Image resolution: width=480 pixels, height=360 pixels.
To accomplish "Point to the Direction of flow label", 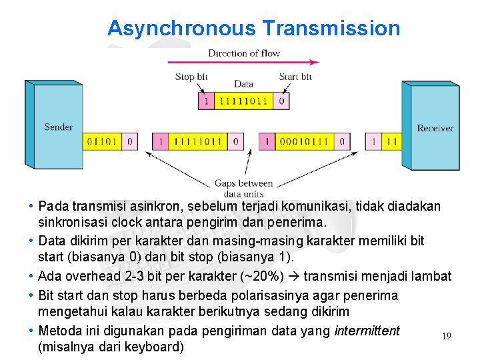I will [x=244, y=53].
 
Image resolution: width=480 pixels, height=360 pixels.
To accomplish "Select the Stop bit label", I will [x=191, y=77].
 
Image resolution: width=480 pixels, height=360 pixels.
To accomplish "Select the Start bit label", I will [x=295, y=77].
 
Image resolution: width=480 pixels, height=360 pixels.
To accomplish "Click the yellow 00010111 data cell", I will [x=303, y=141].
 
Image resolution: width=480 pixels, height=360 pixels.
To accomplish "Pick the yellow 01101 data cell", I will [x=103, y=141].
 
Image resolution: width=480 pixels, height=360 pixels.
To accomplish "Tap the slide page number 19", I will [x=446, y=336].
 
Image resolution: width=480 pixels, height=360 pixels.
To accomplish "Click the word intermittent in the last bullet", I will [x=367, y=331].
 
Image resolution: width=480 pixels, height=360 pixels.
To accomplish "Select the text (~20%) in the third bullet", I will [x=252, y=276].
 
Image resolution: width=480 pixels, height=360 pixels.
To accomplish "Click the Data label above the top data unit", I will [x=243, y=85].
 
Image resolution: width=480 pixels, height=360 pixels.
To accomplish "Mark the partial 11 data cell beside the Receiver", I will [x=391, y=141].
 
